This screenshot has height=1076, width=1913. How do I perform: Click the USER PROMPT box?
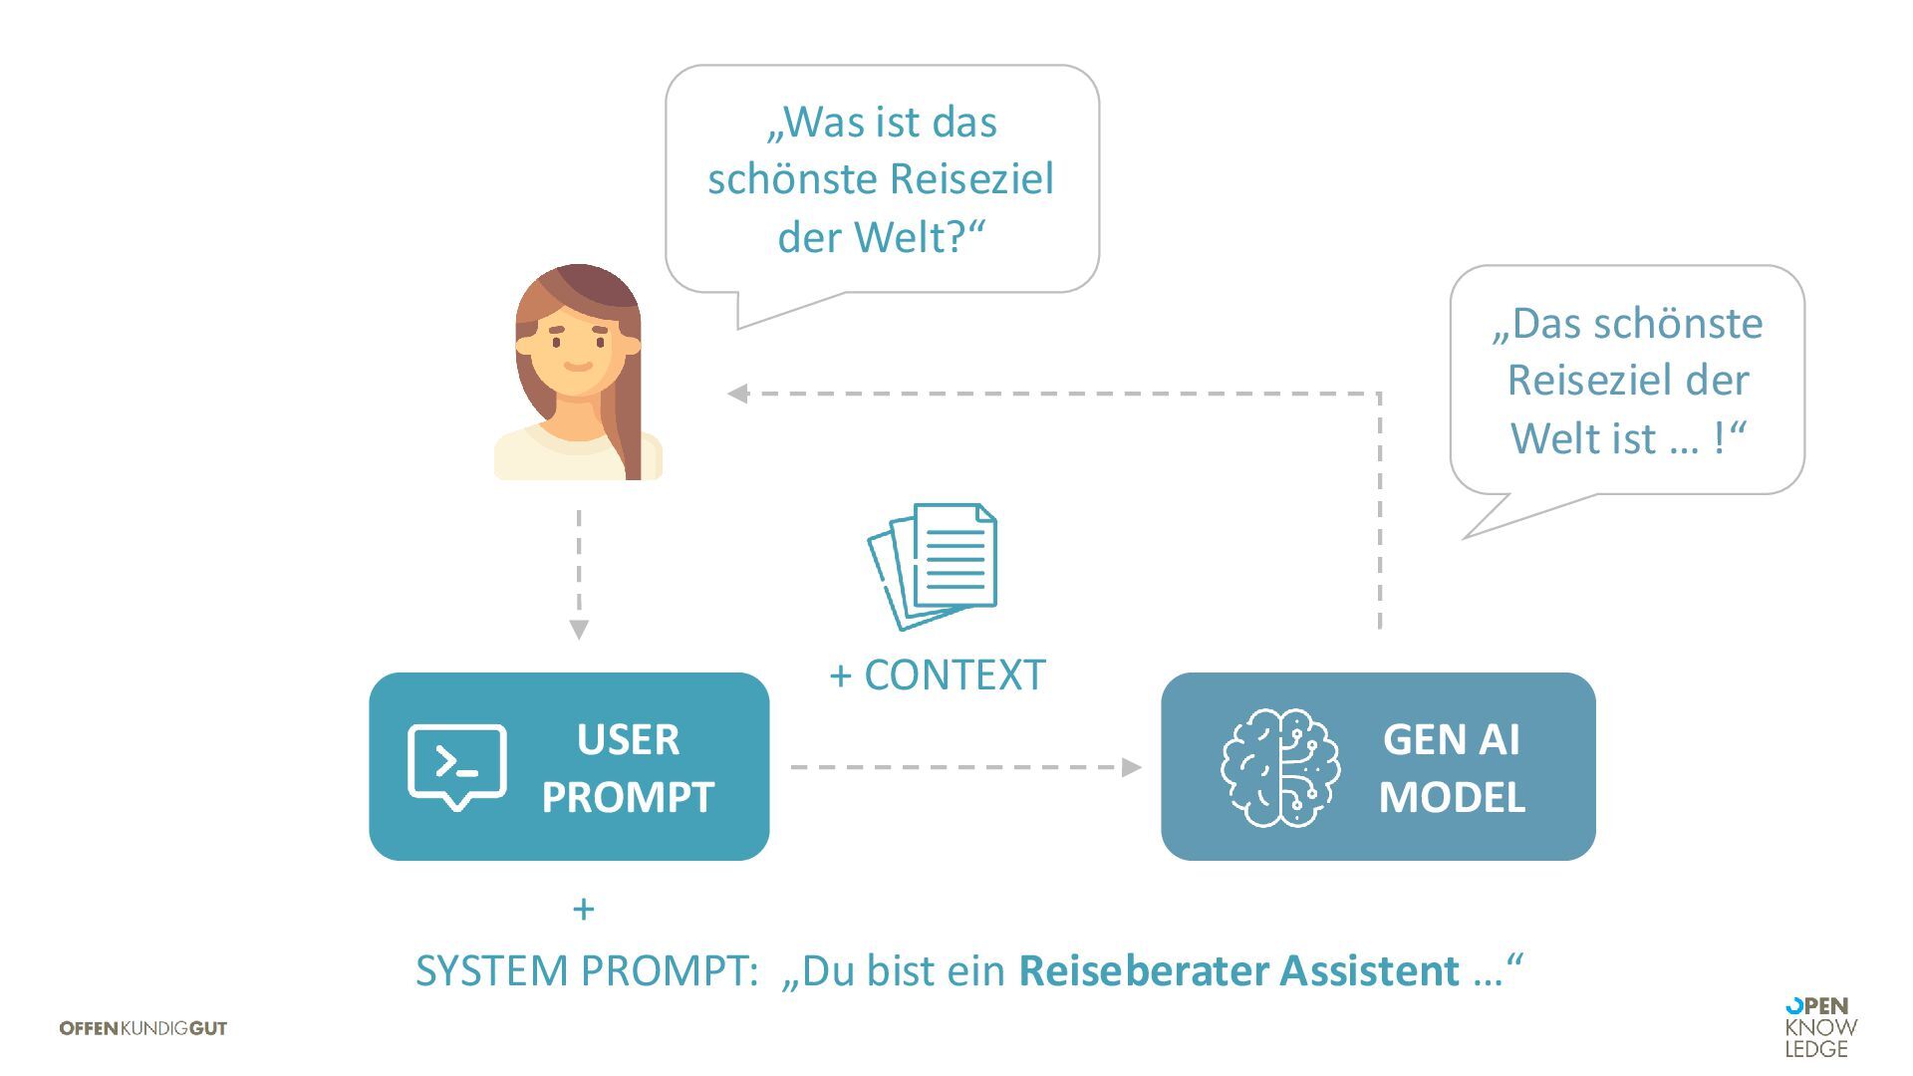pos(569,766)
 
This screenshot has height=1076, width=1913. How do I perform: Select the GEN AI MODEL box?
pos(1378,766)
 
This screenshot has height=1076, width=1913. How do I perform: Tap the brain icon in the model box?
pos(1280,767)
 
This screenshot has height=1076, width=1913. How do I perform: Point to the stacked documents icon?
pos(934,565)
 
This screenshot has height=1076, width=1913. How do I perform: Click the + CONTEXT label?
pos(938,674)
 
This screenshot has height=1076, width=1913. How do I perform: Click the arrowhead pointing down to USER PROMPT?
pos(579,630)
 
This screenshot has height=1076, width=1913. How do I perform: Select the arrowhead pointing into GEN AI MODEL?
pos(1131,767)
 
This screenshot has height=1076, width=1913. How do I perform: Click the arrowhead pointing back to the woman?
pos(737,394)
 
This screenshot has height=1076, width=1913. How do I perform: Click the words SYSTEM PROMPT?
pos(586,970)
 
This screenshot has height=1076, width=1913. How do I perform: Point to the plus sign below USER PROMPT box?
pos(584,909)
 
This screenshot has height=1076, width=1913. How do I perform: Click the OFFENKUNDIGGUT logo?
pos(143,1028)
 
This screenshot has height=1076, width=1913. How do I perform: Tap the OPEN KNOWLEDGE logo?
pos(1820,1027)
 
